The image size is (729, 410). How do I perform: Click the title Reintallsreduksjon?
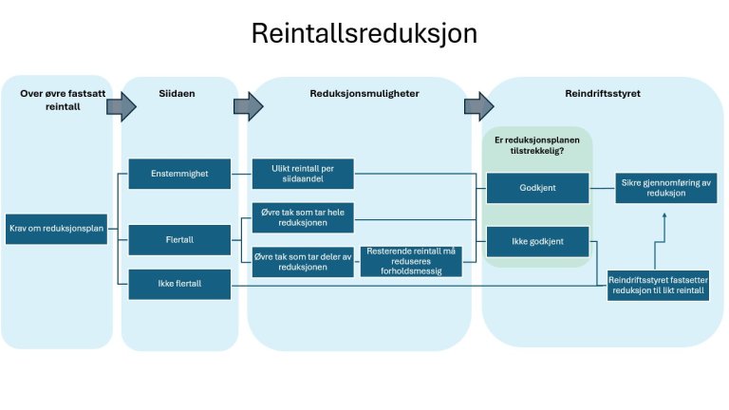point(364,34)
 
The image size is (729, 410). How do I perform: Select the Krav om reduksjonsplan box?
point(57,229)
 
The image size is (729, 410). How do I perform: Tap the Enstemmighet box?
point(178,174)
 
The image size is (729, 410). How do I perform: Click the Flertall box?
point(178,240)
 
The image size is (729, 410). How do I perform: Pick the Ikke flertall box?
point(178,281)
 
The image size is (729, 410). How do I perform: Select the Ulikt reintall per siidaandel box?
point(303,174)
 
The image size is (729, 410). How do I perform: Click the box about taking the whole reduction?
point(303,219)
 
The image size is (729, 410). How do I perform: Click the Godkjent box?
point(537,188)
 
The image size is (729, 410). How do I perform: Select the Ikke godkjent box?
point(537,241)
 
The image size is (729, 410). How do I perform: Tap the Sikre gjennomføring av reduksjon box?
point(664,188)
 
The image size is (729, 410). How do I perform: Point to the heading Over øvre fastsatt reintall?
point(57,100)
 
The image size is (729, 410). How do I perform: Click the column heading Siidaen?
point(178,94)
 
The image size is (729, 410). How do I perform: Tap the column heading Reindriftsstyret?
point(602,94)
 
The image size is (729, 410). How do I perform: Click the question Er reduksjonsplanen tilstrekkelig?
point(537,145)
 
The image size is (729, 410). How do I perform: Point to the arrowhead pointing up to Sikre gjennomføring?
point(664,216)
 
